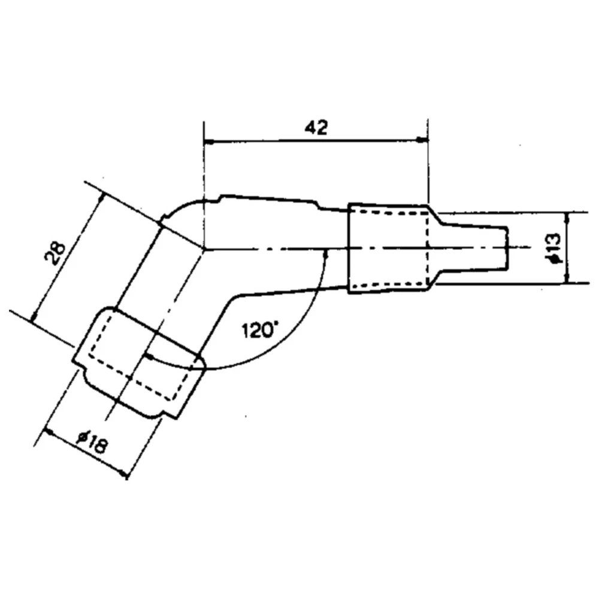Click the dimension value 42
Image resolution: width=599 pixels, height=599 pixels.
[x=316, y=128]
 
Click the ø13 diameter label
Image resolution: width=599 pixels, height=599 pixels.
[x=554, y=247]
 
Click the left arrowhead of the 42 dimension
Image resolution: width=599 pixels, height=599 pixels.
[x=209, y=142]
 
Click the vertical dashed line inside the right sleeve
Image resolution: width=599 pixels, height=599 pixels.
[x=428, y=247]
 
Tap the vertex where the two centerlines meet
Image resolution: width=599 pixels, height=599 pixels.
[x=205, y=247]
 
